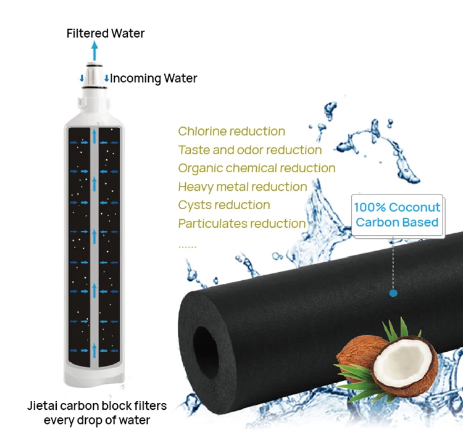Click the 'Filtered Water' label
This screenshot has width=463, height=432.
coord(106,33)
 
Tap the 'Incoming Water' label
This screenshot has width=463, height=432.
coord(154,78)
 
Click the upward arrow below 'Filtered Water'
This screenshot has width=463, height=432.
coord(94,50)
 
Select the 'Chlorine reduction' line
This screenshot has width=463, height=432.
coord(231,131)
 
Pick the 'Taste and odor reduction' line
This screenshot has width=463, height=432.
coord(250,150)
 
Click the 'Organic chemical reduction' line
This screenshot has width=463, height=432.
coord(257,168)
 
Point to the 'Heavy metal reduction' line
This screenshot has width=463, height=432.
coord(242,186)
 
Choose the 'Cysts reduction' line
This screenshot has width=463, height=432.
coord(223,205)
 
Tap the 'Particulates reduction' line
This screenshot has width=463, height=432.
coord(242,223)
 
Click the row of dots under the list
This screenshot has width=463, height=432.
coord(187,246)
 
